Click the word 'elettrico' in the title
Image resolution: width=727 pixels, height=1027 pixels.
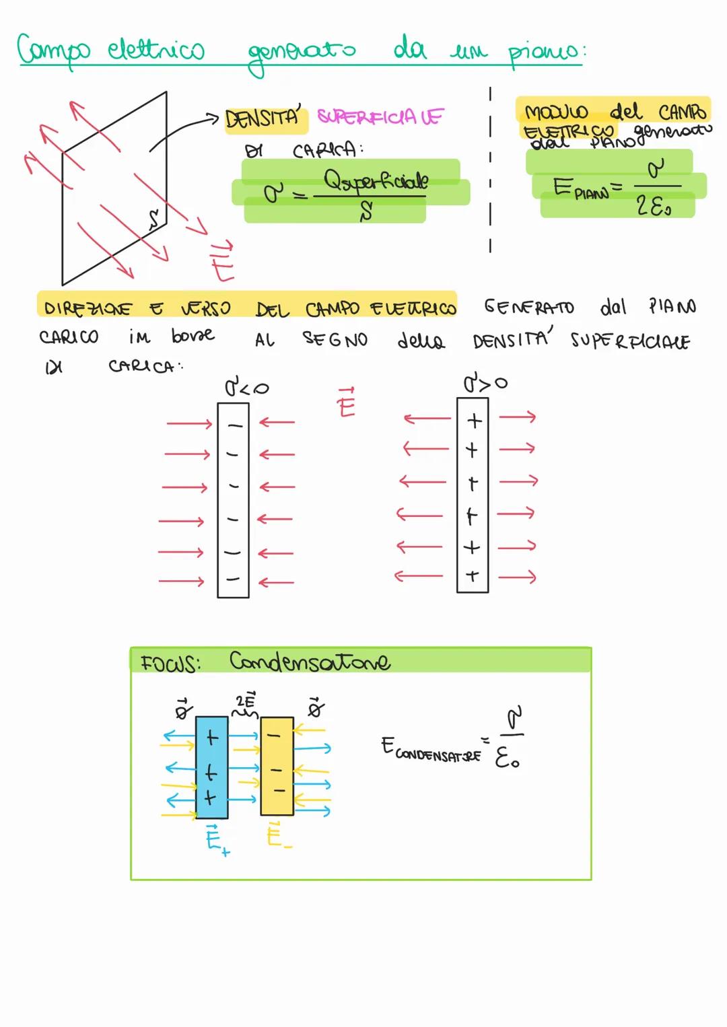[156, 50]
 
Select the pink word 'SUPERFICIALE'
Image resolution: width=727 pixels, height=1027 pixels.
[380, 117]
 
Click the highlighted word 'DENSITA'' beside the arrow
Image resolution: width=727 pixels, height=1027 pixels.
[263, 119]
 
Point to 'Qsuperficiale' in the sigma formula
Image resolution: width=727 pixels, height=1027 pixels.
[376, 180]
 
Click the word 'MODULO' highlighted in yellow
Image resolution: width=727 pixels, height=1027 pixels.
[556, 112]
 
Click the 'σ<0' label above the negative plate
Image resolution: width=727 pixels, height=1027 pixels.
[246, 388]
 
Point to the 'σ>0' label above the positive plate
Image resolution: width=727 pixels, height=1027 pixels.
[485, 384]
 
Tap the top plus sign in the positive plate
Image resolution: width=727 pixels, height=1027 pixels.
[475, 421]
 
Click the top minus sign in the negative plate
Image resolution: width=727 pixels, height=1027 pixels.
[234, 425]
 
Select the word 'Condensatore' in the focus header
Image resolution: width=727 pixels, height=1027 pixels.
[309, 662]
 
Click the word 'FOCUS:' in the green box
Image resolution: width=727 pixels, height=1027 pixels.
[170, 664]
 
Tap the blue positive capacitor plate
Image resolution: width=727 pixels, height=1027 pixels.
[211, 767]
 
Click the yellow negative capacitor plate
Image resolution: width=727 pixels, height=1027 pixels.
[277, 766]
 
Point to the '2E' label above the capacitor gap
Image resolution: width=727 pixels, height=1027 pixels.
[246, 700]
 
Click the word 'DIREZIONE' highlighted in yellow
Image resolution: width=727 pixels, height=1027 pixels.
[88, 308]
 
